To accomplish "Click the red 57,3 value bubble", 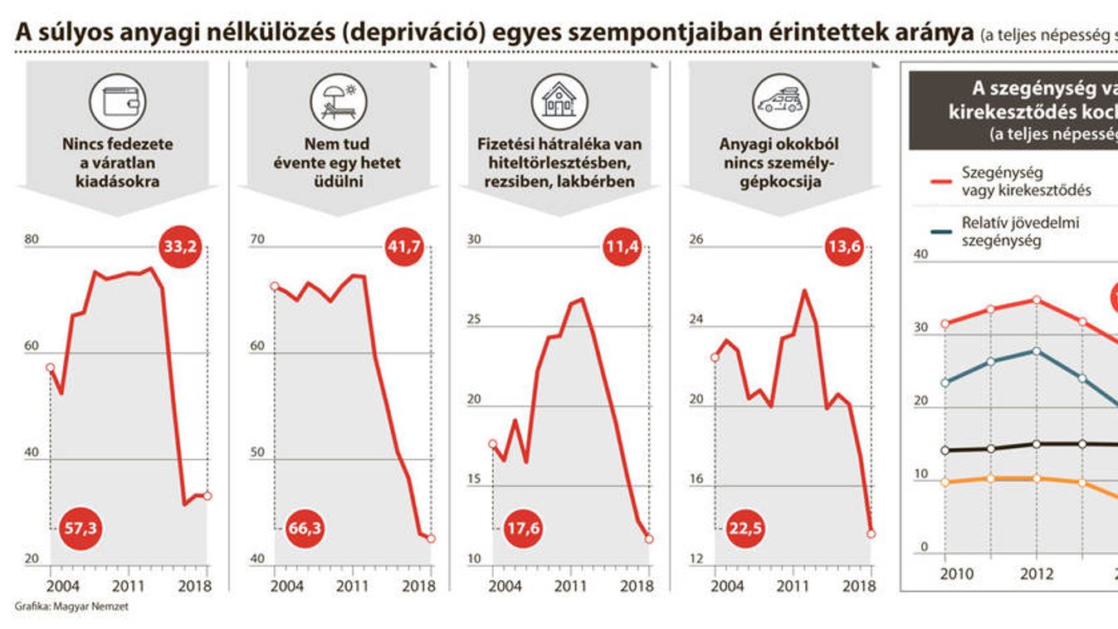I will pos(80,528).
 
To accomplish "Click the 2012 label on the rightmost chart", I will pos(1036,573).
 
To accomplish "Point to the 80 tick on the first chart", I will pos(32,241).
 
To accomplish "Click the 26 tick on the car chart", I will pos(696,241).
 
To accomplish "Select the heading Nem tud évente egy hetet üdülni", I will pos(337,163).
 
